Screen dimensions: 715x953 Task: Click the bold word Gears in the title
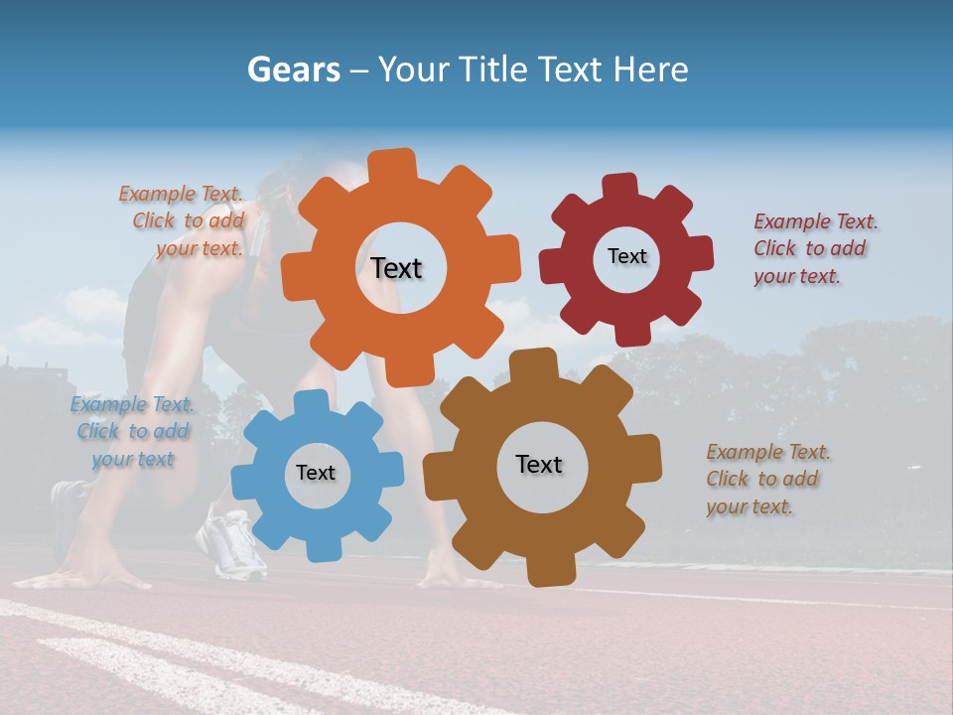(x=293, y=71)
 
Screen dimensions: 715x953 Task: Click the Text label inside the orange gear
(x=396, y=268)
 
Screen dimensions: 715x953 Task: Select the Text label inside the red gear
(x=626, y=256)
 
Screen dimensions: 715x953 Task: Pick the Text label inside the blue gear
(x=316, y=473)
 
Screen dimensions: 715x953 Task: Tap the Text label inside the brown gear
(x=539, y=464)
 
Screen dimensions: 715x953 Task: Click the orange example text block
(x=185, y=220)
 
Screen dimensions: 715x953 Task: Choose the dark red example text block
(x=814, y=248)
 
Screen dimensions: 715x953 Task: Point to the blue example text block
(x=132, y=432)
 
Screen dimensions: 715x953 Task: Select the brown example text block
(x=766, y=479)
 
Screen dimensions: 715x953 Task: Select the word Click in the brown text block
(x=727, y=479)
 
